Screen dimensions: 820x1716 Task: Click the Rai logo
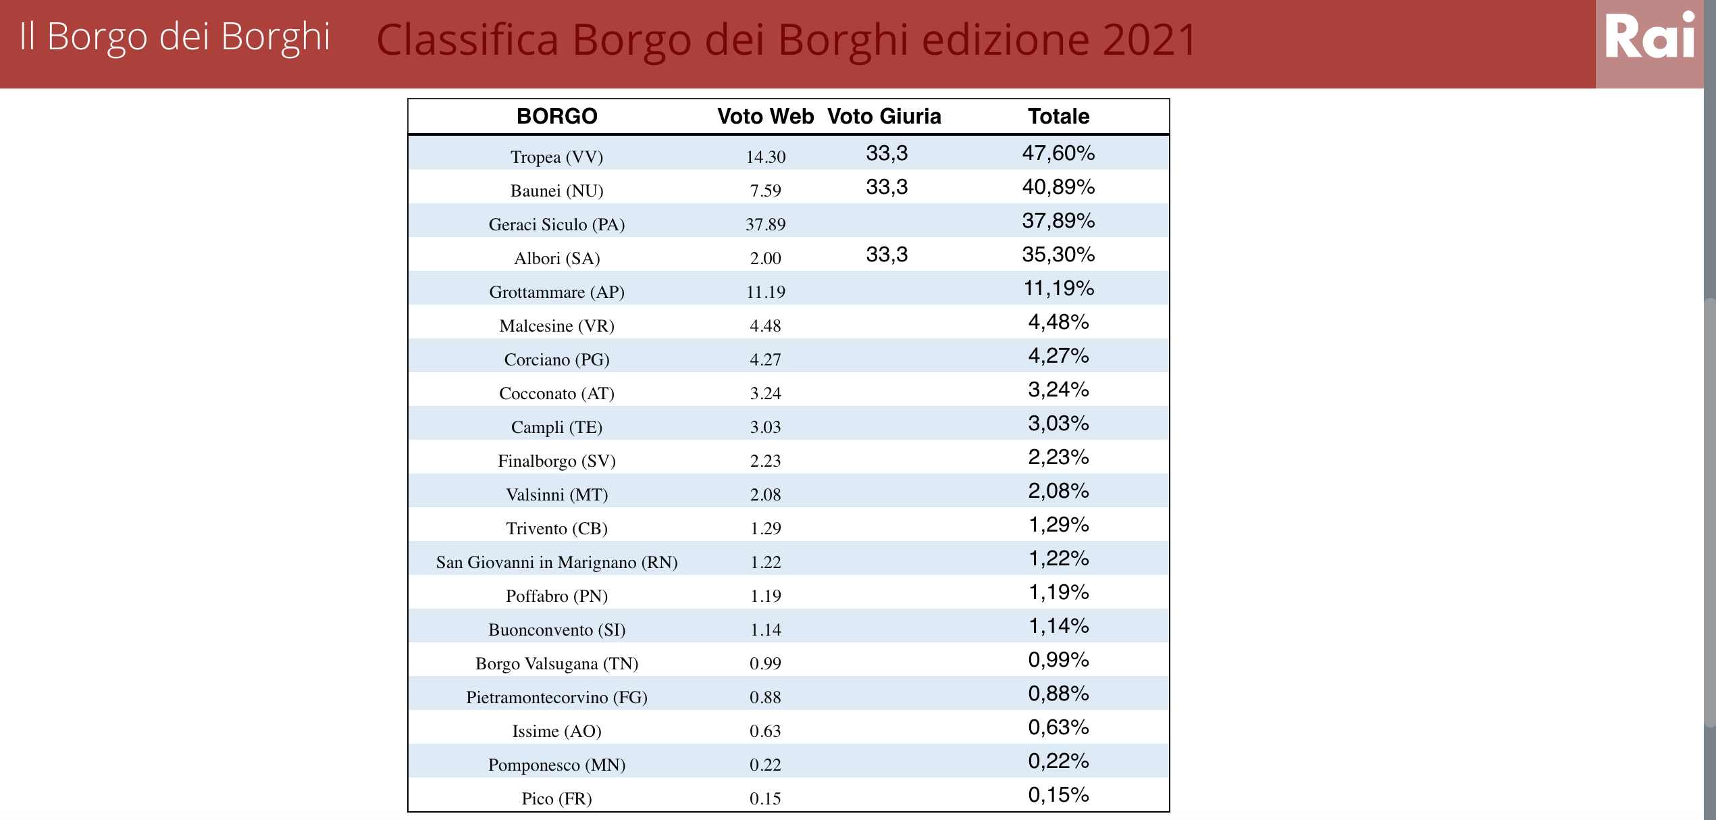pos(1650,37)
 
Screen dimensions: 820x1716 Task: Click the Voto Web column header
pos(765,116)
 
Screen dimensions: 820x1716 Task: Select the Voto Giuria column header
pos(884,116)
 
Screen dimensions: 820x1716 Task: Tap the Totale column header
pos(1058,116)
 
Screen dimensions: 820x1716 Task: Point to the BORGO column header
pos(556,116)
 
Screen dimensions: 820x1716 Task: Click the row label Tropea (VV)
pos(556,157)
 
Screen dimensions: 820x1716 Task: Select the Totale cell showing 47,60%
pos(1058,153)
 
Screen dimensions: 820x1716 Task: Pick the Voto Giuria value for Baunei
pos(887,187)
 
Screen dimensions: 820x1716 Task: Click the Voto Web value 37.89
pos(765,224)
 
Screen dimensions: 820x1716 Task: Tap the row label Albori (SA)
pos(556,258)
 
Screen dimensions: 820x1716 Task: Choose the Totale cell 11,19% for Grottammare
pos(1058,288)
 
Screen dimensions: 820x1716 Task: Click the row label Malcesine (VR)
pos(556,326)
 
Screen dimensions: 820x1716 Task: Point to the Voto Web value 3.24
pos(765,393)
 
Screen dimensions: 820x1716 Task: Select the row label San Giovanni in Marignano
pos(556,562)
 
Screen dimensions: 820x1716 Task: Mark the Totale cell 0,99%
pos(1058,660)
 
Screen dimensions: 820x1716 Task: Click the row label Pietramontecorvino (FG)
pos(556,697)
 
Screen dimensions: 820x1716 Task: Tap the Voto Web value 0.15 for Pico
pos(765,798)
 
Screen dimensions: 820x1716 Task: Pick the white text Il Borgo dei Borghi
pos(175,36)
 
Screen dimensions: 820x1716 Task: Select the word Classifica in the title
pos(467,39)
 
